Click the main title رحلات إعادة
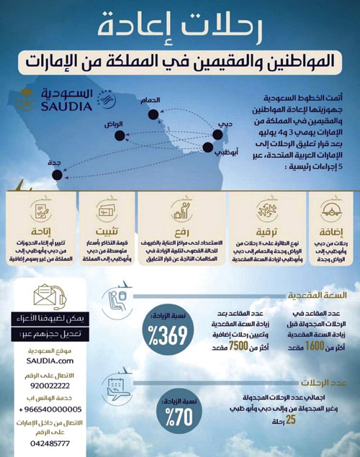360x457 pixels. (x=180, y=27)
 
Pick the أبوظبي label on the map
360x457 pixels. (x=225, y=153)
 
